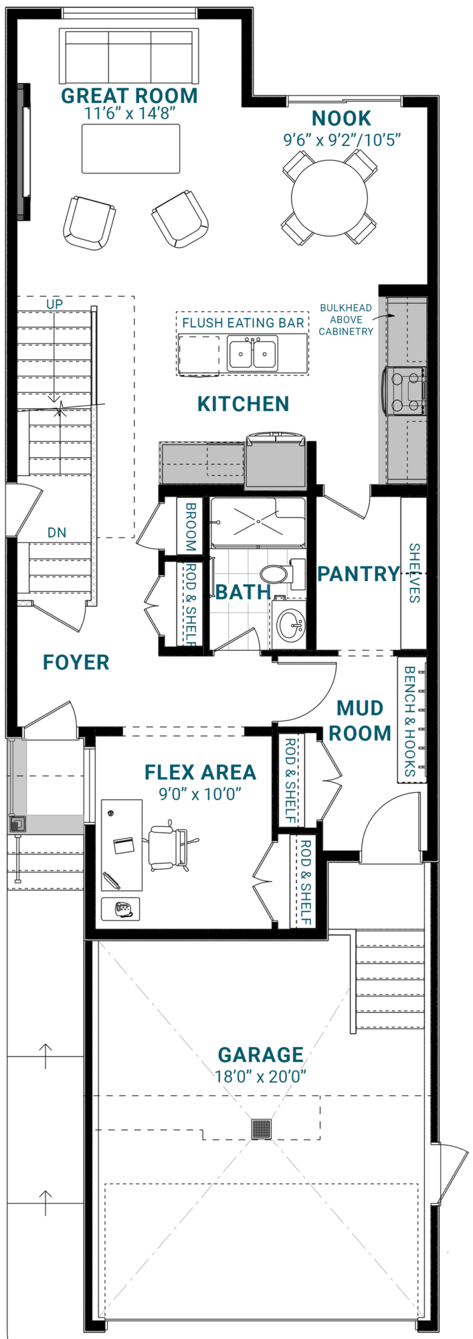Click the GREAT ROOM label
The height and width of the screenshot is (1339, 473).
129,96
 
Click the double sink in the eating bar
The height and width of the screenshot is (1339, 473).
252,353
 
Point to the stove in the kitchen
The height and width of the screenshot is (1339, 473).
404,391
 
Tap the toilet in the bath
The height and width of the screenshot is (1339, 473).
281,574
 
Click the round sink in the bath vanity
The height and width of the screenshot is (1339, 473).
290,625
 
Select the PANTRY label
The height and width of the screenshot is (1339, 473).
359,574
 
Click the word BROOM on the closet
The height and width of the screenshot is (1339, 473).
191,527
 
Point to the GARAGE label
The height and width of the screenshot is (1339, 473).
261,1054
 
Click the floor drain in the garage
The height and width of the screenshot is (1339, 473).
262,1129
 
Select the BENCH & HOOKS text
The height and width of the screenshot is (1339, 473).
410,722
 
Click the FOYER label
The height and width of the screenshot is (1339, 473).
76,662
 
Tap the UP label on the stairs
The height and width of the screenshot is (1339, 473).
55,304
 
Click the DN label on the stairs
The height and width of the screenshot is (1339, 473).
57,533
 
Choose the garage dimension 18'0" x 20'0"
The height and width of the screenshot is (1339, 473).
261,1077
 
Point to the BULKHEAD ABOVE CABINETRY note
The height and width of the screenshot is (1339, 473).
346,319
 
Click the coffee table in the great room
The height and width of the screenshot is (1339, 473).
131,149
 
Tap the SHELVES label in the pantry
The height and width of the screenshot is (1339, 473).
415,573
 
